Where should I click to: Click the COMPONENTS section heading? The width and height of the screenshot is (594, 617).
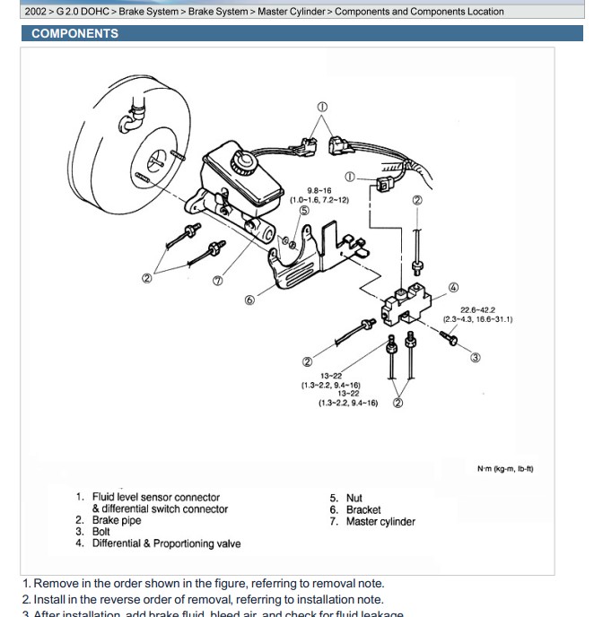pos(74,33)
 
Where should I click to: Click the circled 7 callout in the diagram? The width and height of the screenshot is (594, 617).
pos(217,280)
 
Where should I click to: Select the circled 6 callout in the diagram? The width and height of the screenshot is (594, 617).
pos(249,300)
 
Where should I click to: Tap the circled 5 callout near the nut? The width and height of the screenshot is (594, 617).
pos(304,211)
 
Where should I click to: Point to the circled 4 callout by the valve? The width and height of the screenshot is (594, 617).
pos(453,288)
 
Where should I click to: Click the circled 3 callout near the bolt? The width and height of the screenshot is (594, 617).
pos(475,357)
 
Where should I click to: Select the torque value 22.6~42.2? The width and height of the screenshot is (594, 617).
pos(477,310)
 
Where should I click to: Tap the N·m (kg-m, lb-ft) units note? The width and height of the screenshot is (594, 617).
pos(505,468)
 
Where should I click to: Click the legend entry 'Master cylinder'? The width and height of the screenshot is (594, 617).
pos(380,521)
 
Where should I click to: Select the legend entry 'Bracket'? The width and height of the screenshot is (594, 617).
pos(363,509)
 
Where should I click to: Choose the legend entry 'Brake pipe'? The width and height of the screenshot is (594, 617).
pos(118,520)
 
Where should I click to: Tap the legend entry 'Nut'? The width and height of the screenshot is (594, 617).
pos(354,498)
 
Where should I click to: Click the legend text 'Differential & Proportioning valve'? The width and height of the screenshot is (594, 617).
pos(166,543)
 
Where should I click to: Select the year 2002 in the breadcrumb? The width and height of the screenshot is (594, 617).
pos(36,12)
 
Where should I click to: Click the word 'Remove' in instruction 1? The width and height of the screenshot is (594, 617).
pos(53,583)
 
